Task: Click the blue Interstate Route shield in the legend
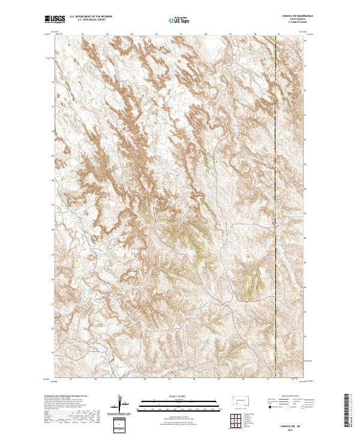click(x=267, y=407)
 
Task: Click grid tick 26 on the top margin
click(x=156, y=34)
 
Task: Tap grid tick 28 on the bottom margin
click(x=194, y=379)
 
